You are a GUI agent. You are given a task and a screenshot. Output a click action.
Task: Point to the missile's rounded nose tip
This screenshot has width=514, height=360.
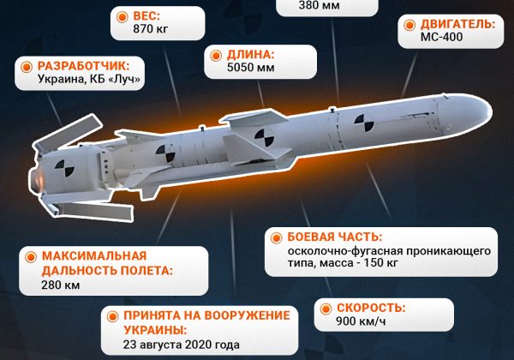pyautogui.click(x=487, y=108)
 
